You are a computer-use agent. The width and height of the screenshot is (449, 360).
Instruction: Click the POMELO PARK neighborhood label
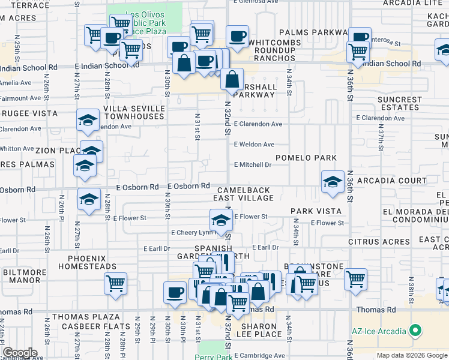coord(306,158)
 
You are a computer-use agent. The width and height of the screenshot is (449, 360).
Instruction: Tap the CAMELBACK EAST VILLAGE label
coord(244,194)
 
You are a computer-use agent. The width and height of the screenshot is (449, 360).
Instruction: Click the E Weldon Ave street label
coord(254,145)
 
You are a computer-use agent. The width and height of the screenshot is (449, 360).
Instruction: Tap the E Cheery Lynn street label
coord(192,232)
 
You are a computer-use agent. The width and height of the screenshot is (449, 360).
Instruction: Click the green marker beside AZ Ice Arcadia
coord(414,330)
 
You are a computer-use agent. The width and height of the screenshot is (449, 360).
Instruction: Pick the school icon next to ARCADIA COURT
coord(332,182)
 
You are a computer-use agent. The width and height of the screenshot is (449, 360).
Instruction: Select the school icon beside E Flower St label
coord(221,220)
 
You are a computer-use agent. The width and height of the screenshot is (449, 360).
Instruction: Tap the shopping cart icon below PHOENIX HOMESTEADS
coord(115,282)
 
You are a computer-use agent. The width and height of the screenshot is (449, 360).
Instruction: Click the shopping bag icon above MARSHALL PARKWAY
coord(232,78)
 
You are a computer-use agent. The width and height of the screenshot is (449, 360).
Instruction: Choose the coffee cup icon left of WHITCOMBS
coord(237,35)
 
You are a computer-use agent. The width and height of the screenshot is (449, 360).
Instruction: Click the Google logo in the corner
coord(20,353)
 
